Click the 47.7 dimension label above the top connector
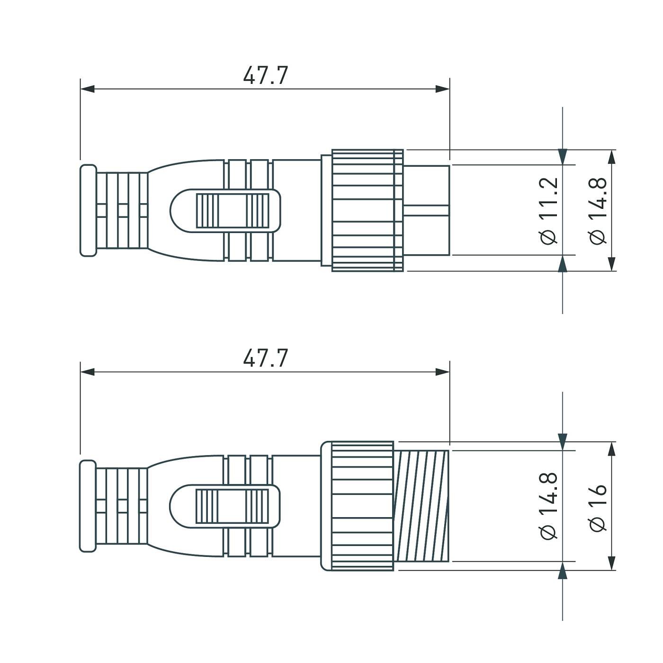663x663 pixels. click(265, 76)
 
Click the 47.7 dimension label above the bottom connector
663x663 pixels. click(265, 358)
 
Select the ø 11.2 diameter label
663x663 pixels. click(549, 211)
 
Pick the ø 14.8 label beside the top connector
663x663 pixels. click(598, 211)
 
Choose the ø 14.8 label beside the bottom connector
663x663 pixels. click(549, 506)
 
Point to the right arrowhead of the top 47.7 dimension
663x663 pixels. click(442, 89)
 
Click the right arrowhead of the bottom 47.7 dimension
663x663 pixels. click(442, 372)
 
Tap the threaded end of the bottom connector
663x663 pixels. click(421, 506)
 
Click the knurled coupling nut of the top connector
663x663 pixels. click(367, 211)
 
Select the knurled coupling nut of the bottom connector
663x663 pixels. click(362, 506)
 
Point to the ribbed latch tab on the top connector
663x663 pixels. click(232, 211)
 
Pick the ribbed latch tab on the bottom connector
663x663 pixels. click(232, 506)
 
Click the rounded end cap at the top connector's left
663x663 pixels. click(88, 211)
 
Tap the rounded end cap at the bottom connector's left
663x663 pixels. click(88, 506)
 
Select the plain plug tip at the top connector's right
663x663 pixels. click(426, 211)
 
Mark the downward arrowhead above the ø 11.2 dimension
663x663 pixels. click(563, 157)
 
